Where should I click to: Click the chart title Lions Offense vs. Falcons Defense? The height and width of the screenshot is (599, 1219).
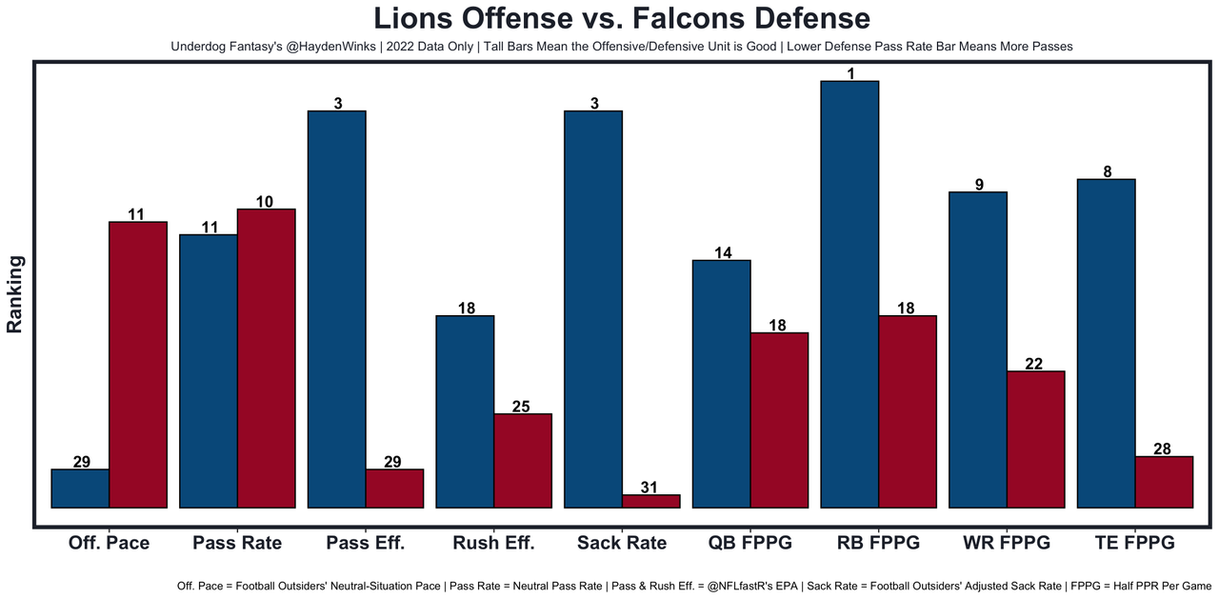[x=621, y=19]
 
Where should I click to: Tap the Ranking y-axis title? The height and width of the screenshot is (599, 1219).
[x=15, y=293]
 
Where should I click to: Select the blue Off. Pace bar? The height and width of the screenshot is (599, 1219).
[x=80, y=489]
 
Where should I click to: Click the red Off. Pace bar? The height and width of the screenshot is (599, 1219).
[x=138, y=365]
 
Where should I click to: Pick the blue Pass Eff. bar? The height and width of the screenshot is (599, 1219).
[x=336, y=309]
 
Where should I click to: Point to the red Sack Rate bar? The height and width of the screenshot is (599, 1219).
[x=650, y=501]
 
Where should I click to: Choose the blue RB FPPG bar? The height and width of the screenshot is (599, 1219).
[x=849, y=294]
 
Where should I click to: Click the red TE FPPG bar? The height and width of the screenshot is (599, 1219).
[x=1164, y=482]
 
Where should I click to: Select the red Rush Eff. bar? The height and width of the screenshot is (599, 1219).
[x=523, y=461]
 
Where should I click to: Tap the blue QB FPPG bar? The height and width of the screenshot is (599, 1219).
[x=721, y=384]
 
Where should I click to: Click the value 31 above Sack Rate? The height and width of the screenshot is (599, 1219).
[x=649, y=488]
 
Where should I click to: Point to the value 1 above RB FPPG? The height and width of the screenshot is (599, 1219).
[x=849, y=73]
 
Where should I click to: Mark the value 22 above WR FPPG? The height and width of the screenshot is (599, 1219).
[x=1035, y=364]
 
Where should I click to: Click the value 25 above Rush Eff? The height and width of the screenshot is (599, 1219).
[x=522, y=407]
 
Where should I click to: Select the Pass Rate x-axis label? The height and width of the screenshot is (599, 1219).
[x=237, y=543]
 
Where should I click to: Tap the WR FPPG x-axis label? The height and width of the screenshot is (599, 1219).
[x=1007, y=543]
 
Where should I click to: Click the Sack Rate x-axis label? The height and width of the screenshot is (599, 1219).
[x=622, y=543]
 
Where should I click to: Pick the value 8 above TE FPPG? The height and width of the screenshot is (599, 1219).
[x=1106, y=172]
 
